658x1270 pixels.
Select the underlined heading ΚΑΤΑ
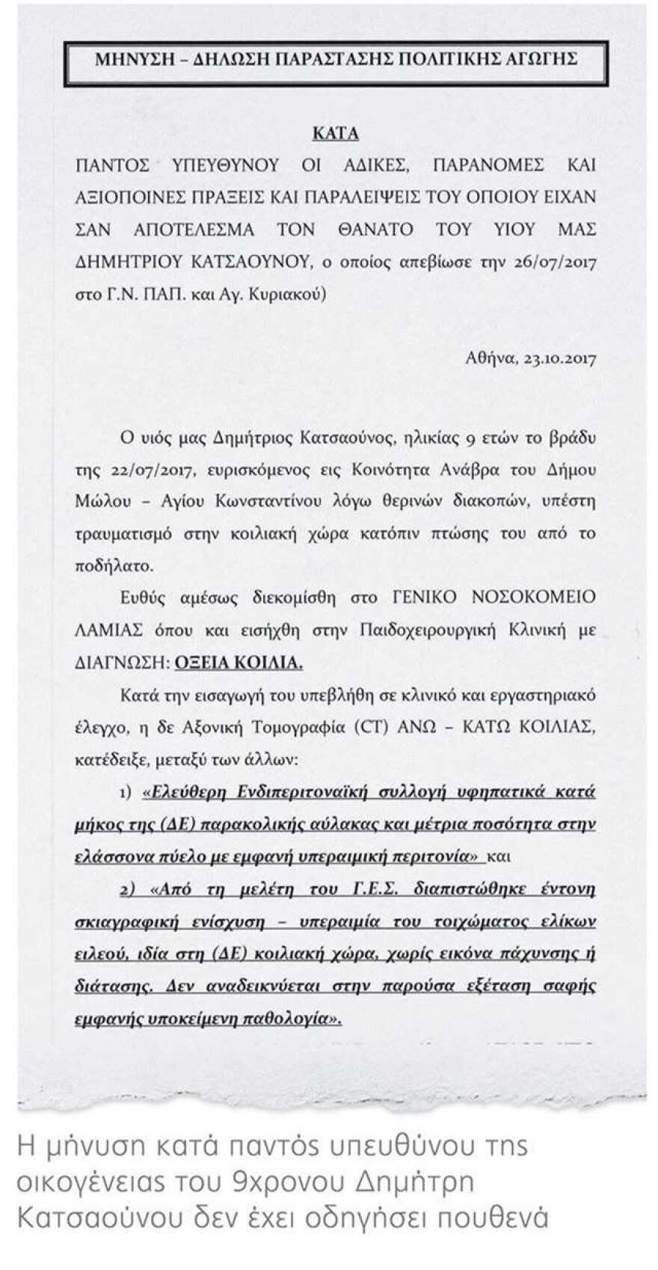[x=335, y=134]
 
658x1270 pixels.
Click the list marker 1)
[x=125, y=791]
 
